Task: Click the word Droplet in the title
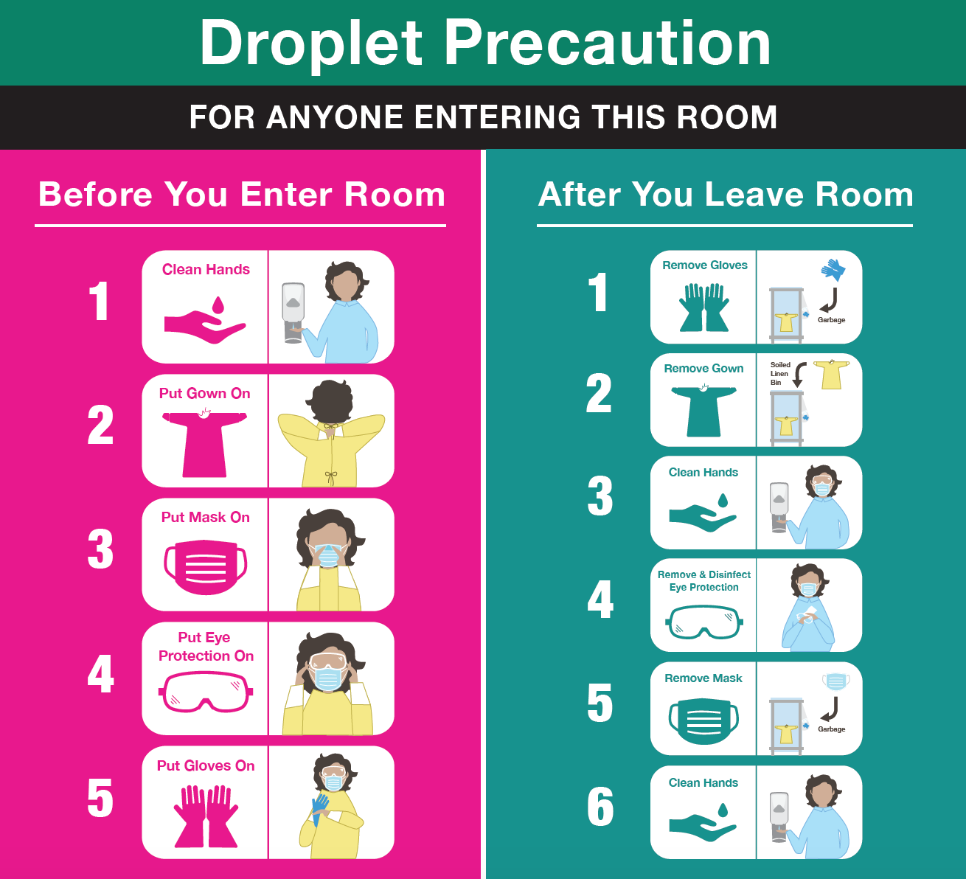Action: click(311, 44)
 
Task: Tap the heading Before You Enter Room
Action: click(241, 195)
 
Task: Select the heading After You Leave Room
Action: click(726, 195)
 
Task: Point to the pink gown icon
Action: click(204, 443)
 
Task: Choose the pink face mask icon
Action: click(205, 566)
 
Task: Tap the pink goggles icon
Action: click(206, 693)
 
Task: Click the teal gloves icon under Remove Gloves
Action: click(704, 307)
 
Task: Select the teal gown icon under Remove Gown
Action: click(703, 409)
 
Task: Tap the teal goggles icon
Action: click(704, 622)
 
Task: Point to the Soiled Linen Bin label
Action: click(779, 374)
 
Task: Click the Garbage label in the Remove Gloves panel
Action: click(831, 320)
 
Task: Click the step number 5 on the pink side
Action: click(100, 799)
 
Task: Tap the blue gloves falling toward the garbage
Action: click(833, 269)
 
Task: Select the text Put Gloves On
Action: click(206, 766)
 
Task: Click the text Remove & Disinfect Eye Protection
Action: click(704, 581)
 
